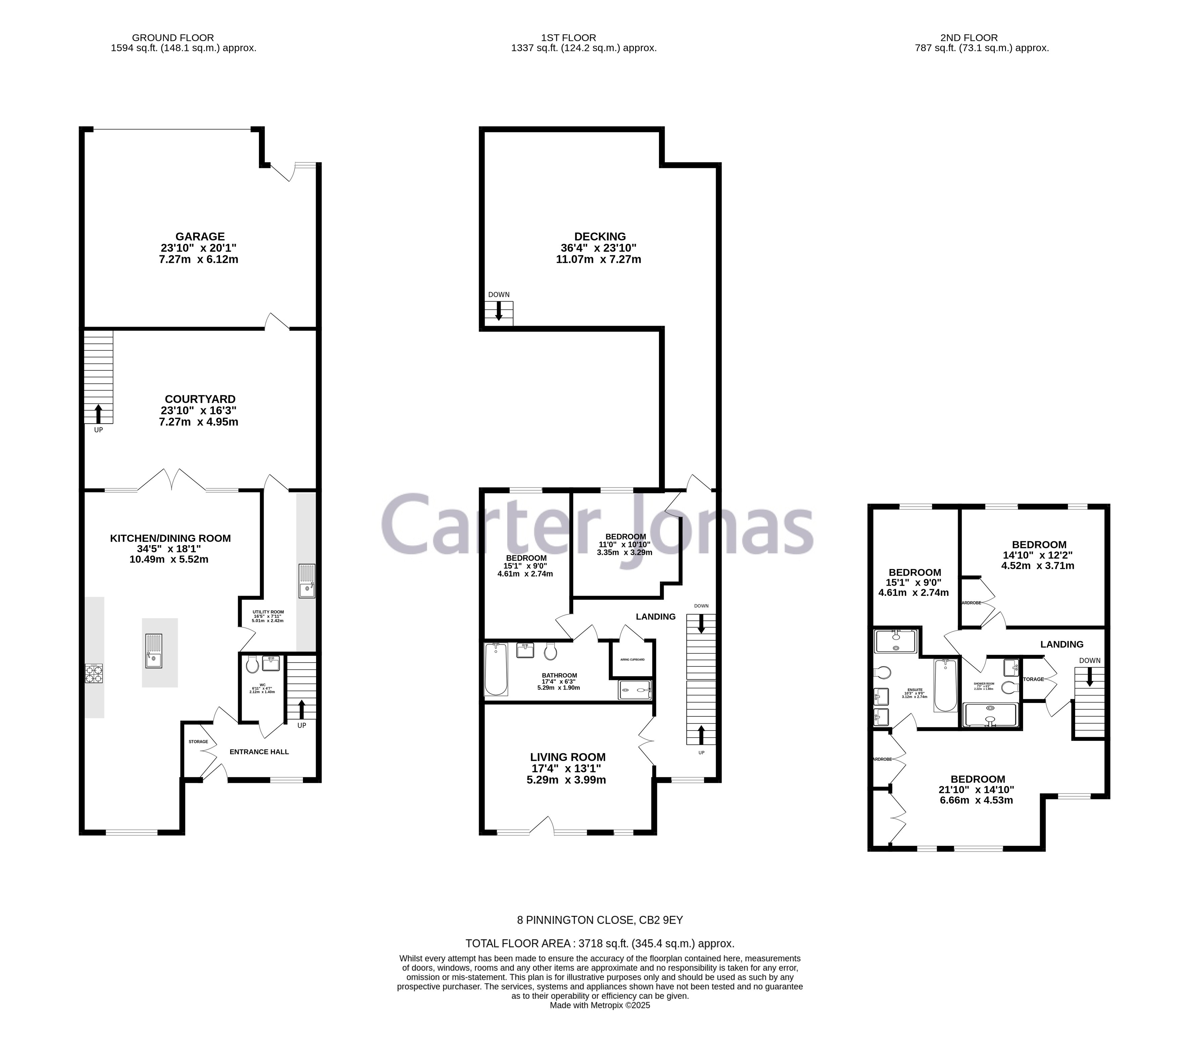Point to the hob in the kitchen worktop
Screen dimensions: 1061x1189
click(94, 673)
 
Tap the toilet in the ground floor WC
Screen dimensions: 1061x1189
click(252, 664)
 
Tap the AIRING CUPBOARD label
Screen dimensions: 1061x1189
click(632, 659)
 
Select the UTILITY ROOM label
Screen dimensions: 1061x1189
click(268, 612)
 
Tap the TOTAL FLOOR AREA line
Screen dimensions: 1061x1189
click(600, 943)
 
